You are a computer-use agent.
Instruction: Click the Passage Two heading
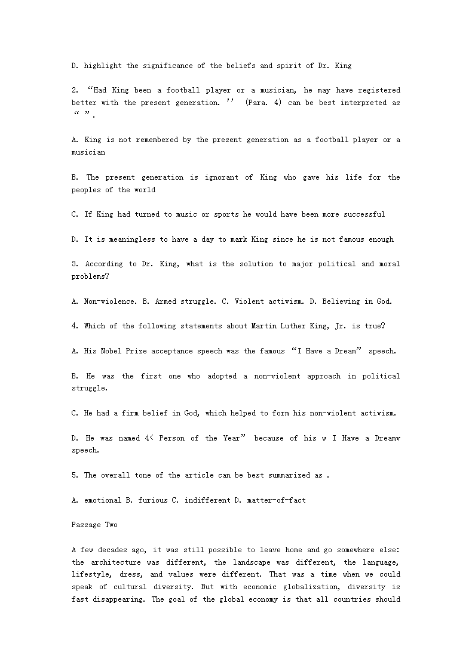pos(94,525)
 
